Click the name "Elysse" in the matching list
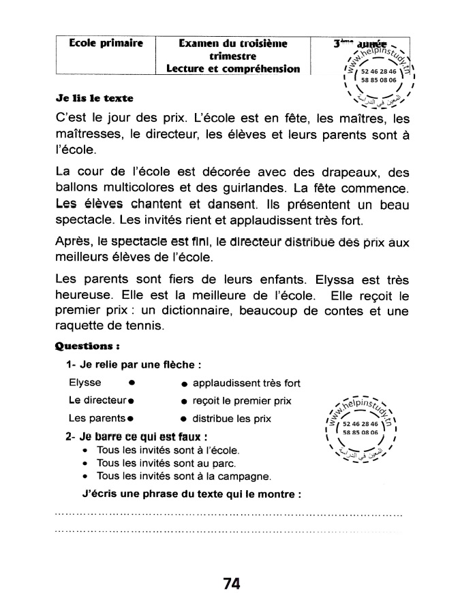[x=85, y=383]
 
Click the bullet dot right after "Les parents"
[x=129, y=418]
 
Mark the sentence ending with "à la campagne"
[x=184, y=475]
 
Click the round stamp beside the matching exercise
[x=363, y=428]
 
